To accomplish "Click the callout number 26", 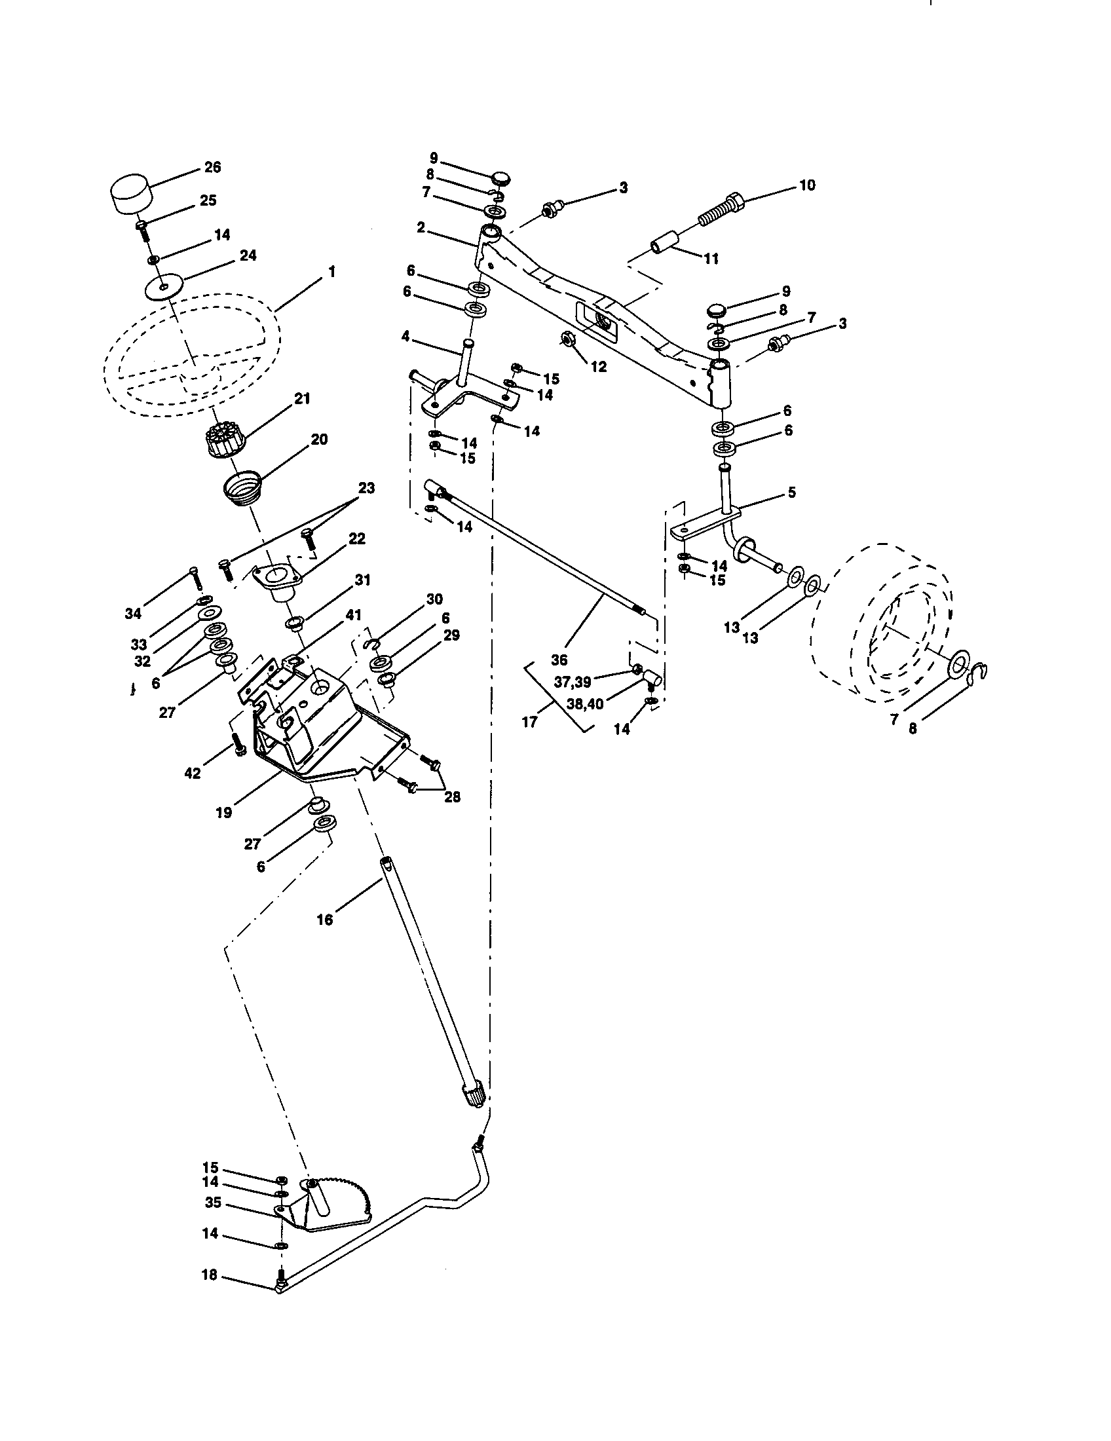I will point(212,167).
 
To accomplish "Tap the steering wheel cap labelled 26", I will point(129,193).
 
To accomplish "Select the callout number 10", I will point(807,185).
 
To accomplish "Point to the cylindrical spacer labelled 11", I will point(668,242).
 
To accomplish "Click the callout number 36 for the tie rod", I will point(559,659).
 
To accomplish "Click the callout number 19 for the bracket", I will point(223,812).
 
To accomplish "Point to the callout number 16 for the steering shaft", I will point(325,919).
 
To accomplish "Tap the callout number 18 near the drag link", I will point(209,1275).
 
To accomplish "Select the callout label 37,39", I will point(572,683).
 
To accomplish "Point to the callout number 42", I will point(192,773).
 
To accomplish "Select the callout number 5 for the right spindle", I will point(791,492).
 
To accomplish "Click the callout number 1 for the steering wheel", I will point(331,271).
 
